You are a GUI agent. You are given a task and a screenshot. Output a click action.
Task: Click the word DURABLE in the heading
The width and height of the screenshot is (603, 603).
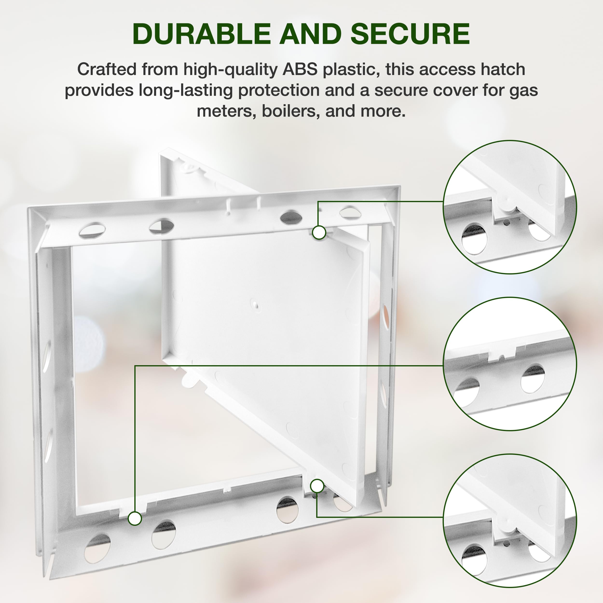point(202,34)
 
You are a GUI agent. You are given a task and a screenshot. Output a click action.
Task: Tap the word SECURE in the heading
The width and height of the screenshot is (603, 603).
point(410,34)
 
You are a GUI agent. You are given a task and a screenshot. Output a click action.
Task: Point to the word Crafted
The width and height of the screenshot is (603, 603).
point(107,69)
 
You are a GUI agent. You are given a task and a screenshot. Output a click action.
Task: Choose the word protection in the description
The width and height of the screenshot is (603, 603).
point(279,90)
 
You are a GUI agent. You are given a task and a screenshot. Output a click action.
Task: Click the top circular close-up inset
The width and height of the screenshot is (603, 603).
point(510,207)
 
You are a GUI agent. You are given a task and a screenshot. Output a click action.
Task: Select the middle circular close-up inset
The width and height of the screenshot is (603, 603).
point(510,364)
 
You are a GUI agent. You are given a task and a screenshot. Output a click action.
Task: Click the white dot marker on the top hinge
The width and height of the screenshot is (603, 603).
point(319,233)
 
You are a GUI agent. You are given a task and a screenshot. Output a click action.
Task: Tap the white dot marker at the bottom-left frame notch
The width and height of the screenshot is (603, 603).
point(135,519)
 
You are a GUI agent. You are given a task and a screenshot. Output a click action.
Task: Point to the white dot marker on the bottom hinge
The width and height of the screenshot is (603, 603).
point(317,486)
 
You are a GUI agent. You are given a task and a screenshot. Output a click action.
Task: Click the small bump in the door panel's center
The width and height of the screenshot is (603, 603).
point(255,304)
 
